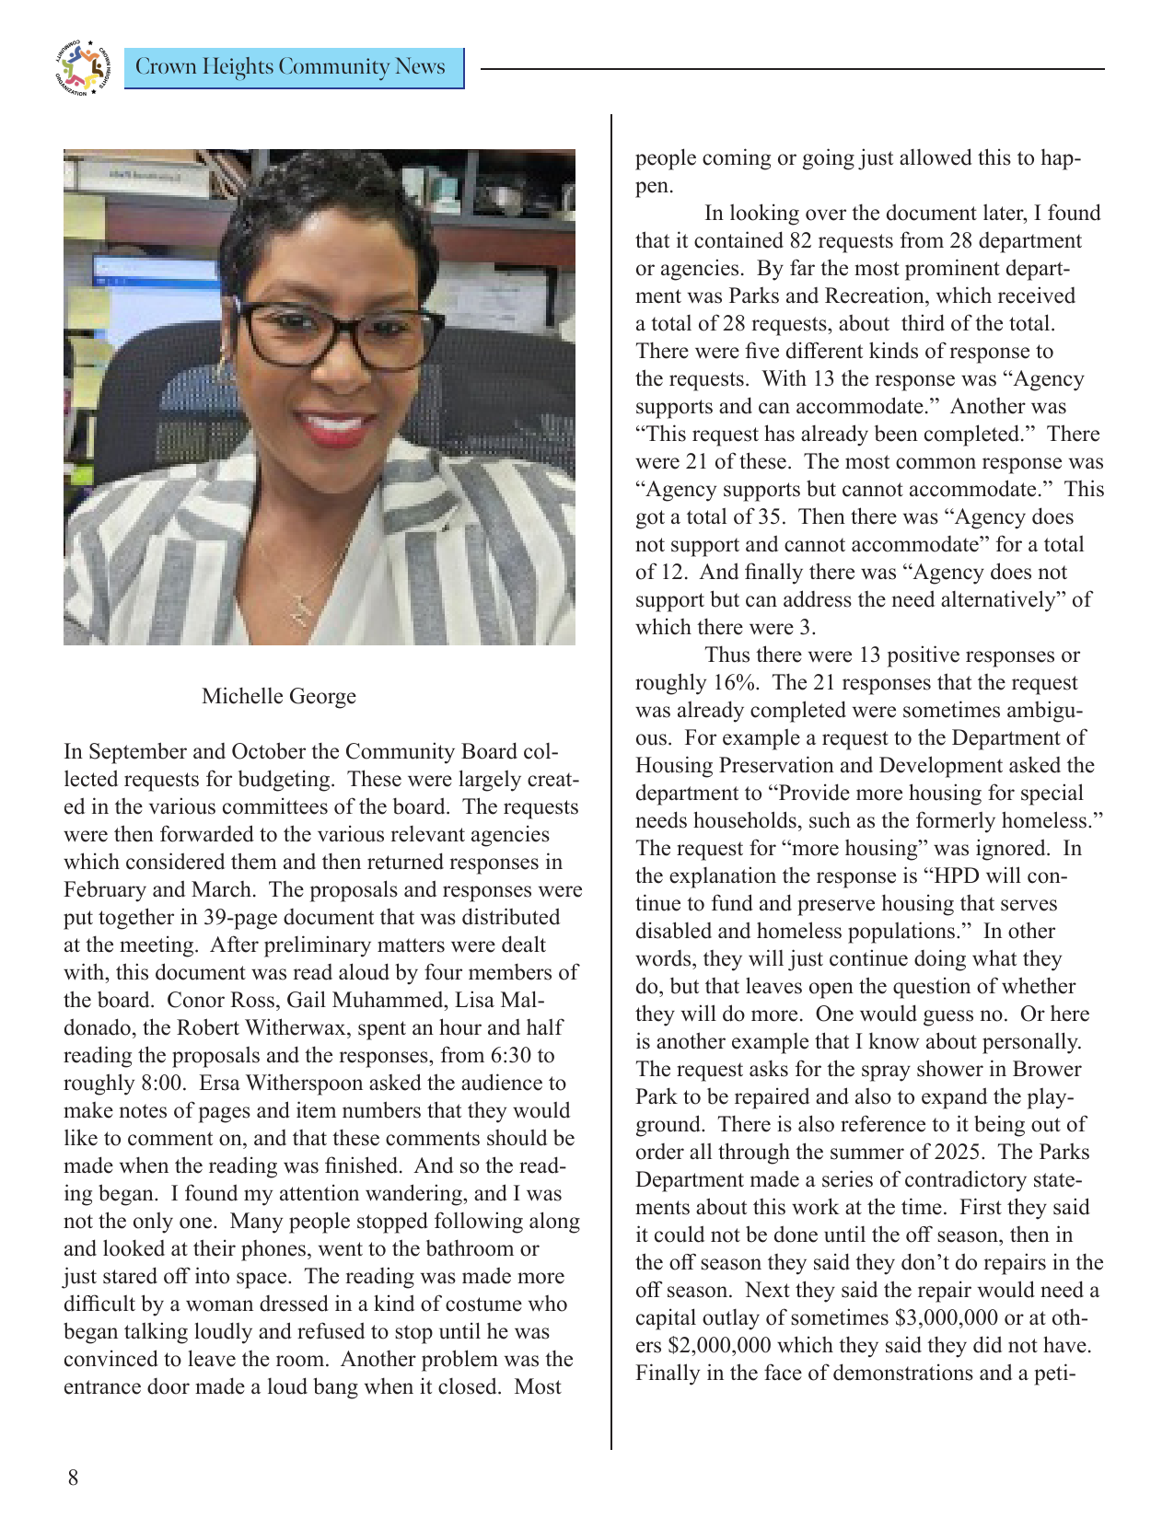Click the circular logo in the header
point(82,68)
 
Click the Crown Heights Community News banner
point(292,68)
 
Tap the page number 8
point(73,1478)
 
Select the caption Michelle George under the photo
point(278,696)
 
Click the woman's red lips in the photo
point(333,426)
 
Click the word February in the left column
point(105,889)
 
